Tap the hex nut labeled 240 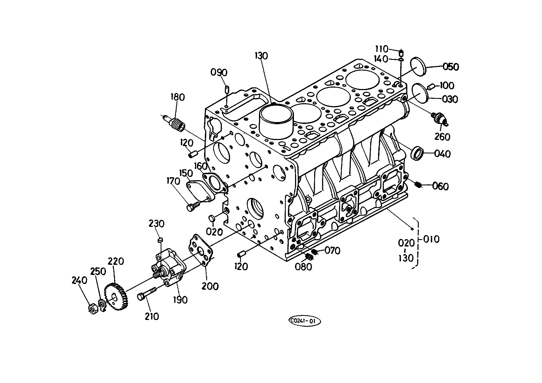point(93,308)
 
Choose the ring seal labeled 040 point(417,153)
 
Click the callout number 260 point(442,136)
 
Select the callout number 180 point(178,97)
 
